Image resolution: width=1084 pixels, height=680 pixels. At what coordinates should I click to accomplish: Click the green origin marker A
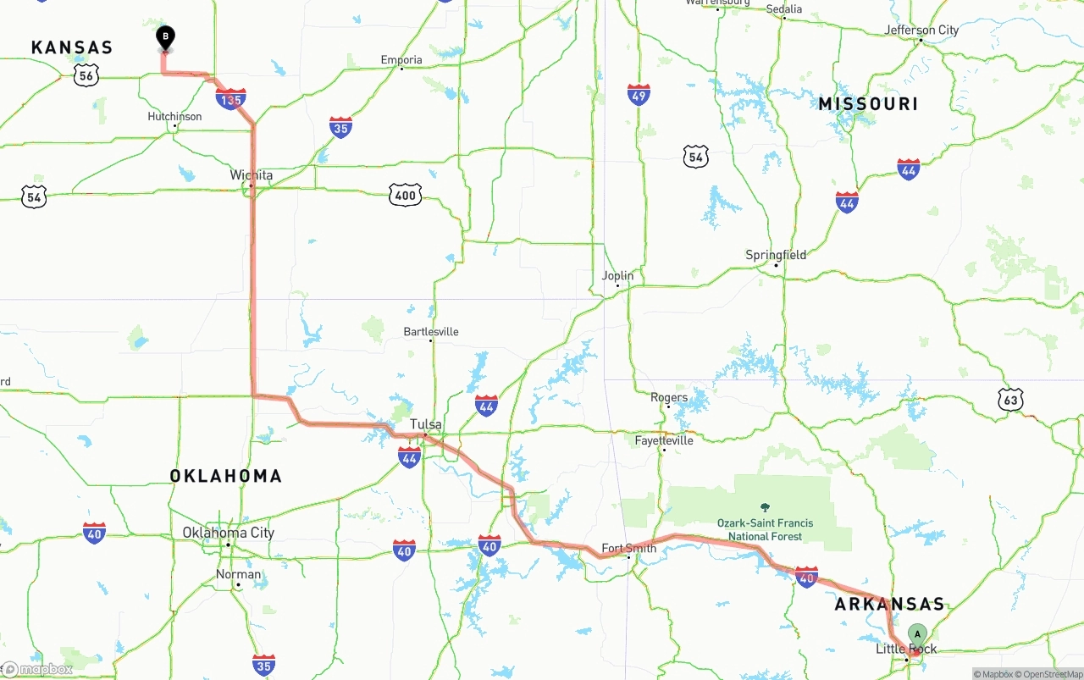(x=917, y=634)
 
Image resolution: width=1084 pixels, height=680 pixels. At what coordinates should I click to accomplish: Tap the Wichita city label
(x=252, y=175)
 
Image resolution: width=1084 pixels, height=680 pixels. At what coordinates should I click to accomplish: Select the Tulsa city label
(x=425, y=423)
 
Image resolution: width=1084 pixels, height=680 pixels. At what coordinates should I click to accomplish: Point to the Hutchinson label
(x=174, y=116)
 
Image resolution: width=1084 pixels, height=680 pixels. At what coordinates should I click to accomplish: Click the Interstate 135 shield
(x=230, y=99)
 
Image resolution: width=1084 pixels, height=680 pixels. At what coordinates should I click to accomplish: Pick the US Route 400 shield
(x=406, y=196)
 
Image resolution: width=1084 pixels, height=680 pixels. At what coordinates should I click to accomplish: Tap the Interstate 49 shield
(x=639, y=94)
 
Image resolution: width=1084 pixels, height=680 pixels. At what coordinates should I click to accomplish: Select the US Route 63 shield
(x=1010, y=400)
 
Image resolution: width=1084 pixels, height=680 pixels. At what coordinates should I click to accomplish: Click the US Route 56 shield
(x=86, y=75)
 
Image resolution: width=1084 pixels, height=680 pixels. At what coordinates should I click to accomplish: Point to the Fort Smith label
(x=628, y=547)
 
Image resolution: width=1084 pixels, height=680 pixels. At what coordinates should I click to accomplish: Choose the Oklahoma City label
(x=229, y=533)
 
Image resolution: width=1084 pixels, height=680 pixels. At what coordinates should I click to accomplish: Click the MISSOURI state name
(x=868, y=104)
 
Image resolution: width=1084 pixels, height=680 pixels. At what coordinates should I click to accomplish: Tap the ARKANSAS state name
(x=889, y=604)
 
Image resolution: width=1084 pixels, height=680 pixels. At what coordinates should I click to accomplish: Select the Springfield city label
(x=776, y=255)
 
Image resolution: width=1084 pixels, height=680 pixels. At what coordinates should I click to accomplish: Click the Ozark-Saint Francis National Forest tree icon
(x=766, y=506)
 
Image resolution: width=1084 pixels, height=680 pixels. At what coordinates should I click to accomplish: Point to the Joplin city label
(x=617, y=275)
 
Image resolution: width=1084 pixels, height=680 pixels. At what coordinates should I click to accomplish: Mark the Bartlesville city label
(x=431, y=331)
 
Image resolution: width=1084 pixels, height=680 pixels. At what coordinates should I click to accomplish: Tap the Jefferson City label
(x=921, y=30)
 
